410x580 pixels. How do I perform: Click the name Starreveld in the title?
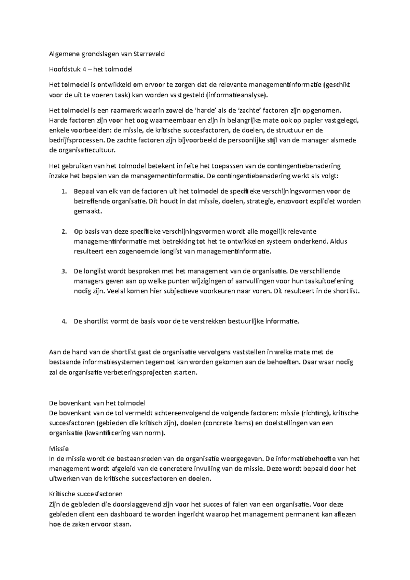(x=150, y=54)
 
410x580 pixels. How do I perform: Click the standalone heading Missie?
(x=59, y=449)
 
